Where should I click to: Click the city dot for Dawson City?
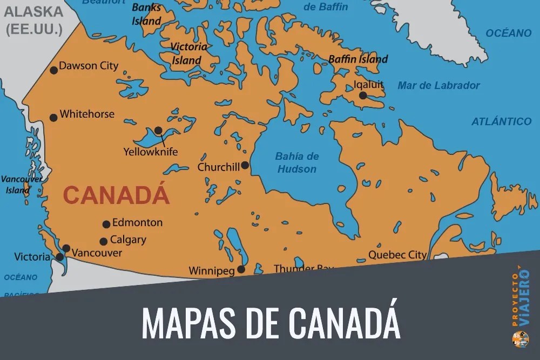[53, 70]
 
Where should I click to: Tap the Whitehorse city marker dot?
[53, 118]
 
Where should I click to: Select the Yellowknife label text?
[151, 152]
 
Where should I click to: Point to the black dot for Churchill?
[245, 165]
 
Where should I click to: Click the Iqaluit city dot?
[363, 96]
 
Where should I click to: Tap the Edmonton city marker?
[106, 224]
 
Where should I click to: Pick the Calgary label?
[128, 240]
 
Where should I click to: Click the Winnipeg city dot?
[241, 269]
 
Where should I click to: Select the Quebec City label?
[397, 255]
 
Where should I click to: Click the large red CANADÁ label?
[116, 195]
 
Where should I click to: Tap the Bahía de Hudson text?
[297, 162]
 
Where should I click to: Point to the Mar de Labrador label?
[438, 85]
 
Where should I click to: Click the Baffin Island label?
[358, 59]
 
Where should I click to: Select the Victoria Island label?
[188, 53]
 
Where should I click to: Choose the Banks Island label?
[147, 15]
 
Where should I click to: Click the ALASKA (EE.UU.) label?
[33, 21]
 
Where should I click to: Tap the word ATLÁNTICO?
[501, 121]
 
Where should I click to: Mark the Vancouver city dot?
[66, 248]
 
